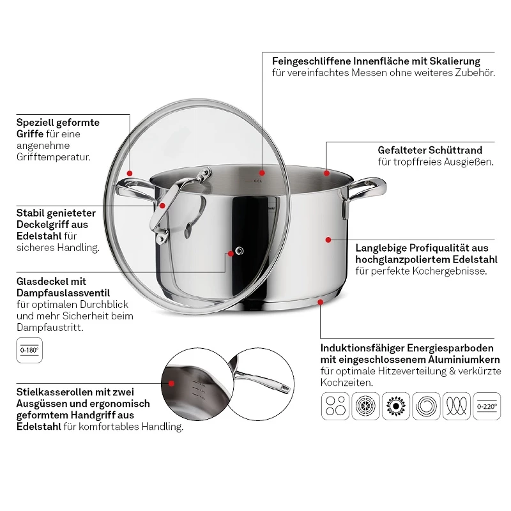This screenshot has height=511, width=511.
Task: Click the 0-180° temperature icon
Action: point(29,350)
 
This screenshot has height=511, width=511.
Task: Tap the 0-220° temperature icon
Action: point(487,406)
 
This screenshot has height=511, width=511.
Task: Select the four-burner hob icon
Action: point(335,406)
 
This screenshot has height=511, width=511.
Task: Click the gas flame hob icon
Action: point(396,406)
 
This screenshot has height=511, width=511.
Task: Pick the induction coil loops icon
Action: point(457,406)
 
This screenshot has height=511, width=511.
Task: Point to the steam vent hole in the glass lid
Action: point(240,250)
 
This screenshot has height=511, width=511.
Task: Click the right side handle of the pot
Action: point(364,196)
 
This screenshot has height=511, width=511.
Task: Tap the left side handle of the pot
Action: point(136,192)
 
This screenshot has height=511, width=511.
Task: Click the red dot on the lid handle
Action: point(162,206)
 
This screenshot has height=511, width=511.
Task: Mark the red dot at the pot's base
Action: point(321,302)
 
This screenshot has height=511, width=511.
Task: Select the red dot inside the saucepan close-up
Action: point(171,383)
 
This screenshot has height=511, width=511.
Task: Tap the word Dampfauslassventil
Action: point(63,293)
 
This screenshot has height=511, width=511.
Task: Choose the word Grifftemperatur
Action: point(54,157)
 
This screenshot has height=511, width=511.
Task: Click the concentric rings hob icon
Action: point(426,406)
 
